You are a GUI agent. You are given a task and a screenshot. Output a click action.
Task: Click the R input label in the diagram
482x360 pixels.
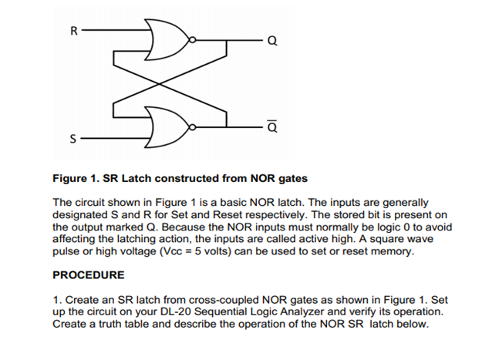(74, 32)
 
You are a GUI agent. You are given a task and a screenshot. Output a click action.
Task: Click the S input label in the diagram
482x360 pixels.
(74, 140)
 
